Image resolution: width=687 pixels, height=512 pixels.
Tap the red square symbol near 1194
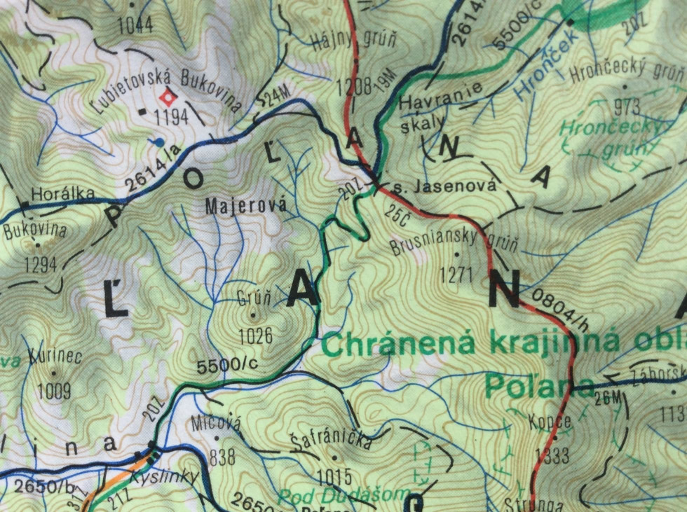(x=167, y=97)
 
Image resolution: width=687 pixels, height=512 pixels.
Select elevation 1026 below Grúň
(x=255, y=336)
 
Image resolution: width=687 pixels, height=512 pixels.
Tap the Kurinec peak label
(x=56, y=357)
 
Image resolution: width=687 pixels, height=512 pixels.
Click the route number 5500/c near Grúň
(x=228, y=366)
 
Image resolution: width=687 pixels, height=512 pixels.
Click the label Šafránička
(x=330, y=441)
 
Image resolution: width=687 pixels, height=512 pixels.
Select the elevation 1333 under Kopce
(x=552, y=457)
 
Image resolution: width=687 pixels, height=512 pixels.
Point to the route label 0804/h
(x=558, y=307)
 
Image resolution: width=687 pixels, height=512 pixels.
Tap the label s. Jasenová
(x=444, y=186)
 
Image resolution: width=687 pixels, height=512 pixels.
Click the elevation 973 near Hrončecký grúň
(x=626, y=106)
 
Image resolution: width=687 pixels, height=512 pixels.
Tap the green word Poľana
(x=538, y=384)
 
